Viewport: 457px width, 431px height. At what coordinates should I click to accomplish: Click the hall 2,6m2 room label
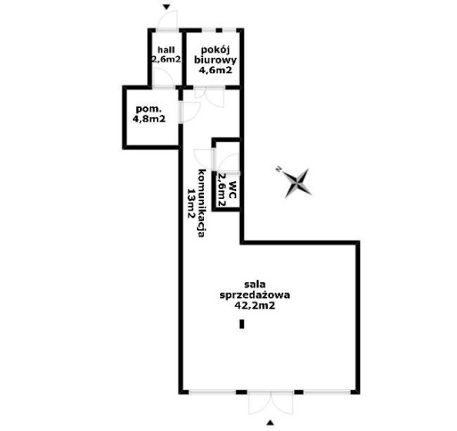point(166,54)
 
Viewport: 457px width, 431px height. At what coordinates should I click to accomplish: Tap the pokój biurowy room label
point(216,60)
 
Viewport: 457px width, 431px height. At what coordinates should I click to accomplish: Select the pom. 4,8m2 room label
point(149,113)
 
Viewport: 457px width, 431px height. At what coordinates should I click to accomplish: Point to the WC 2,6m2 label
point(226,190)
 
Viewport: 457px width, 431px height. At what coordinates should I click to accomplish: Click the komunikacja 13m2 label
point(197,203)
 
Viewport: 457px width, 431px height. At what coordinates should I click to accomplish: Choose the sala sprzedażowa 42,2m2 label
point(255,294)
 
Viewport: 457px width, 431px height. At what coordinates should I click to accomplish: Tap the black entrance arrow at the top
point(167,7)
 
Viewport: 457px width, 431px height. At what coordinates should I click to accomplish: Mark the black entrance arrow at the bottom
point(270,422)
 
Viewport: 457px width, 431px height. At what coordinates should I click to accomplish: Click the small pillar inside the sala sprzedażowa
point(242,324)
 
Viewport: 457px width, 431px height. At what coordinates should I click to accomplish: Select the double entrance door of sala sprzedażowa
point(271,403)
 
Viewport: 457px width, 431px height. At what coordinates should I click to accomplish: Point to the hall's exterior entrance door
point(167,21)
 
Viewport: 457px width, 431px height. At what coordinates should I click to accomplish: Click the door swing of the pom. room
point(191,112)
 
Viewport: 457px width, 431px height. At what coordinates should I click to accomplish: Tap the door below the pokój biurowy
point(209,96)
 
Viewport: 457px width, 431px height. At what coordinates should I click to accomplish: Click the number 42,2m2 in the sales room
point(255,305)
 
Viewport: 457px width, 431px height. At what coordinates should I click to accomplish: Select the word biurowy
point(216,60)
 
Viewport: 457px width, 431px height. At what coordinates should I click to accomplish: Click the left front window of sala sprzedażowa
point(213,392)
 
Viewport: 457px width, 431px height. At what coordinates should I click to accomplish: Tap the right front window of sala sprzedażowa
point(327,392)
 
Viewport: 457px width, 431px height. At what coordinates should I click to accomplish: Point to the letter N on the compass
point(279,169)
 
